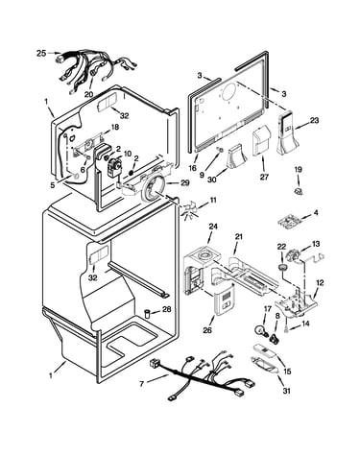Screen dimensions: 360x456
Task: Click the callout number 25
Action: pyautogui.click(x=41, y=53)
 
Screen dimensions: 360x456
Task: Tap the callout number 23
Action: pyautogui.click(x=315, y=121)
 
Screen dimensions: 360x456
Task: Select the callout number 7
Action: pyautogui.click(x=142, y=383)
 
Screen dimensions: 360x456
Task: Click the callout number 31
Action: pyautogui.click(x=287, y=391)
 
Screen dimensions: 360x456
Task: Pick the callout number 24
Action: pyautogui.click(x=213, y=227)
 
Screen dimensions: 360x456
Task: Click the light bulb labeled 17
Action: pyautogui.click(x=260, y=330)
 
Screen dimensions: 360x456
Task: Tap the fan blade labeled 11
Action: pyautogui.click(x=187, y=212)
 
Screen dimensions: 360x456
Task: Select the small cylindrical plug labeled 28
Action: pyautogui.click(x=148, y=313)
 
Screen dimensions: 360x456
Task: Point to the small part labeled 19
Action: pyautogui.click(x=299, y=191)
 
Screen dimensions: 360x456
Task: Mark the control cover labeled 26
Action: pyautogui.click(x=225, y=300)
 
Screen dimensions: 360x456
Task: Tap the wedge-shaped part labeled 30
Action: pyautogui.click(x=236, y=156)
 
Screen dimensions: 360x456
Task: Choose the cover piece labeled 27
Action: pyautogui.click(x=261, y=142)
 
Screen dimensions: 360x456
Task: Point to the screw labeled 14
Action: pyautogui.click(x=287, y=328)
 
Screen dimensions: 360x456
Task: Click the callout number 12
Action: pyautogui.click(x=320, y=282)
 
